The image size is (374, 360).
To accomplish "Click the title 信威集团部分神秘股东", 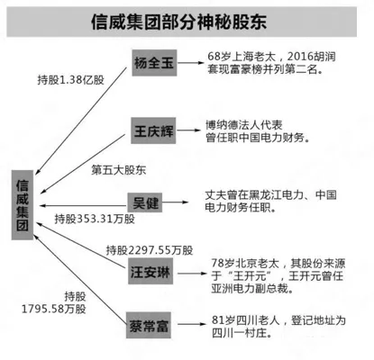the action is click(x=178, y=22).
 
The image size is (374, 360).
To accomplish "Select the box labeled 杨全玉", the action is click(x=154, y=63).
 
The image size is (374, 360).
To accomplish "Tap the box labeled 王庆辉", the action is click(x=153, y=130).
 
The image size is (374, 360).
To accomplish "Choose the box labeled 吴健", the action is click(x=145, y=202).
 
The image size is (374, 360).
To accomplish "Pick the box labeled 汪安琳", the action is click(x=151, y=273).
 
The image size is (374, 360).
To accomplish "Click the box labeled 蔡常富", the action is click(x=149, y=326).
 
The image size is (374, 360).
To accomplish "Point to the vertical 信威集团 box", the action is click(x=23, y=205).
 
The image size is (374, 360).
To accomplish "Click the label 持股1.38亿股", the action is click(x=70, y=80).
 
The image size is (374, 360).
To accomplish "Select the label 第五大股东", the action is click(x=119, y=170).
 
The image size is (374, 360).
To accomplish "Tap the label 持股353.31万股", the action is click(x=95, y=219).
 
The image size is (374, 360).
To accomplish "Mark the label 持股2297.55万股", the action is click(x=150, y=250).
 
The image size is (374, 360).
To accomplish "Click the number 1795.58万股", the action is click(x=54, y=309).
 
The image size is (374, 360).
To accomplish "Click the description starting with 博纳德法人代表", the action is click(x=258, y=131).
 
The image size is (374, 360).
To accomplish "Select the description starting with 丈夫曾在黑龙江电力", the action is click(x=270, y=202).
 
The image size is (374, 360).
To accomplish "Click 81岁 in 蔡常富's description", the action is click(x=223, y=320).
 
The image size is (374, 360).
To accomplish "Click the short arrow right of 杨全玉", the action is click(x=190, y=63).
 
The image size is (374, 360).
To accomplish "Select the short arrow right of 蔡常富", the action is click(x=192, y=324).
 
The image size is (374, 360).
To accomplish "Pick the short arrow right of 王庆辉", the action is click(x=188, y=130).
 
